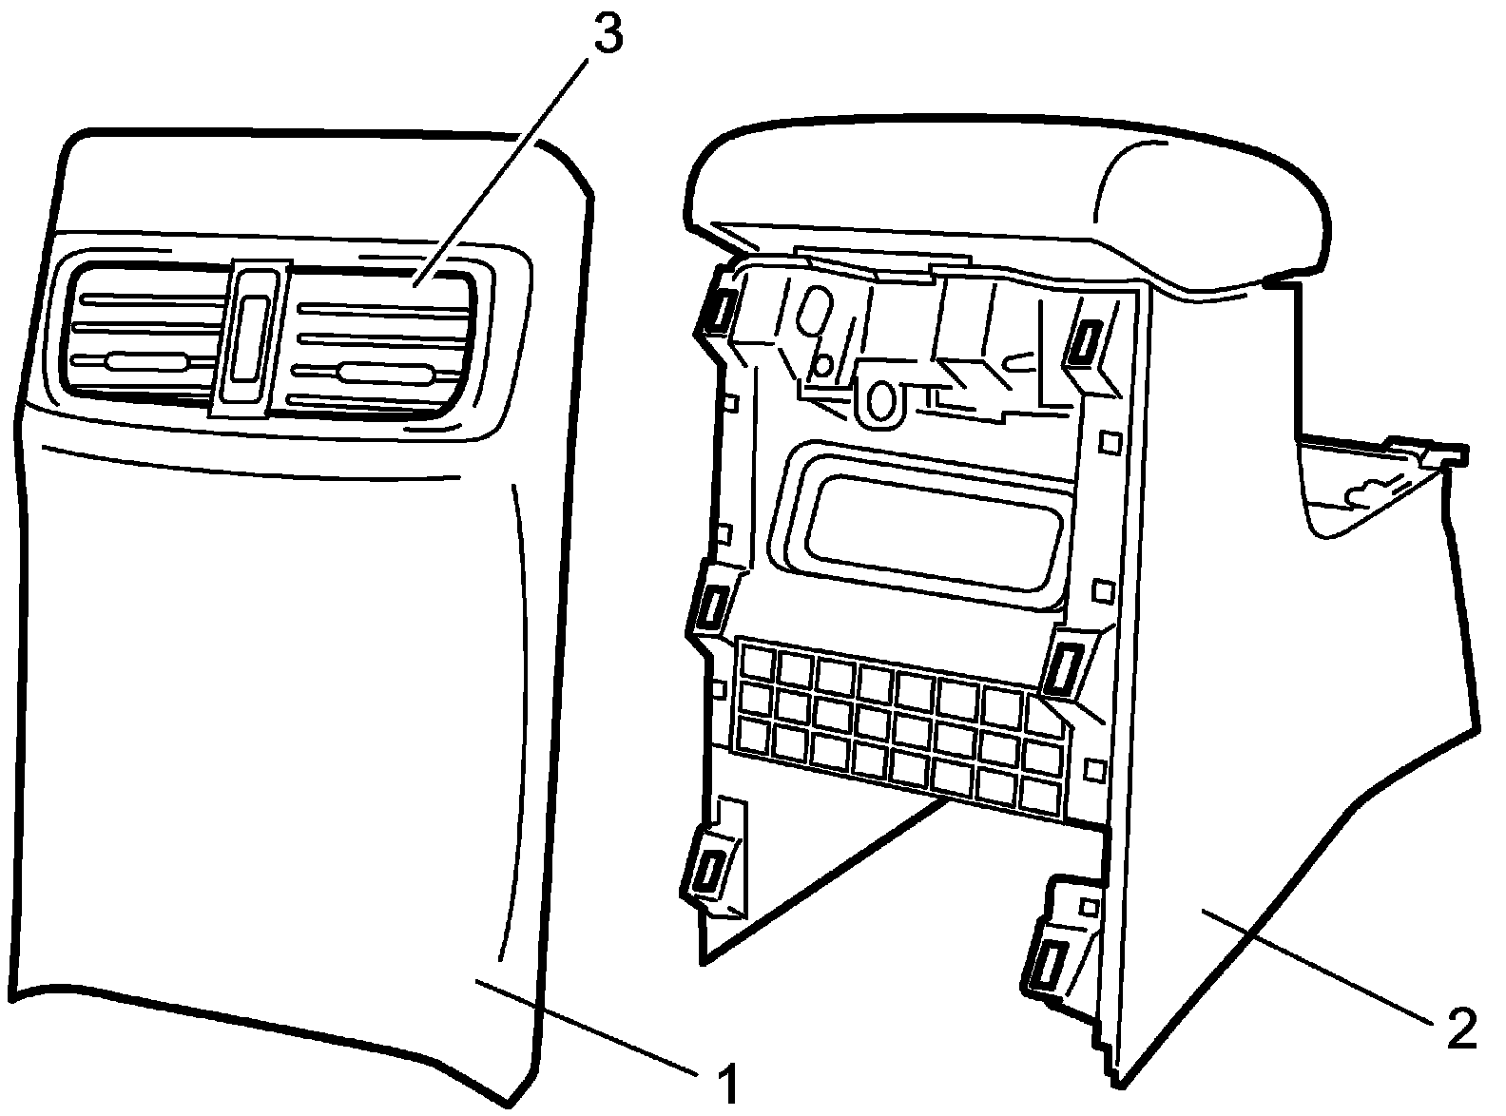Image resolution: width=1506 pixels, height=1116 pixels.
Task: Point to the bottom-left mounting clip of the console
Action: pyautogui.click(x=707, y=870)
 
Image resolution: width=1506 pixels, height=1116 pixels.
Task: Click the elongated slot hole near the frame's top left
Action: pyautogui.click(x=816, y=313)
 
